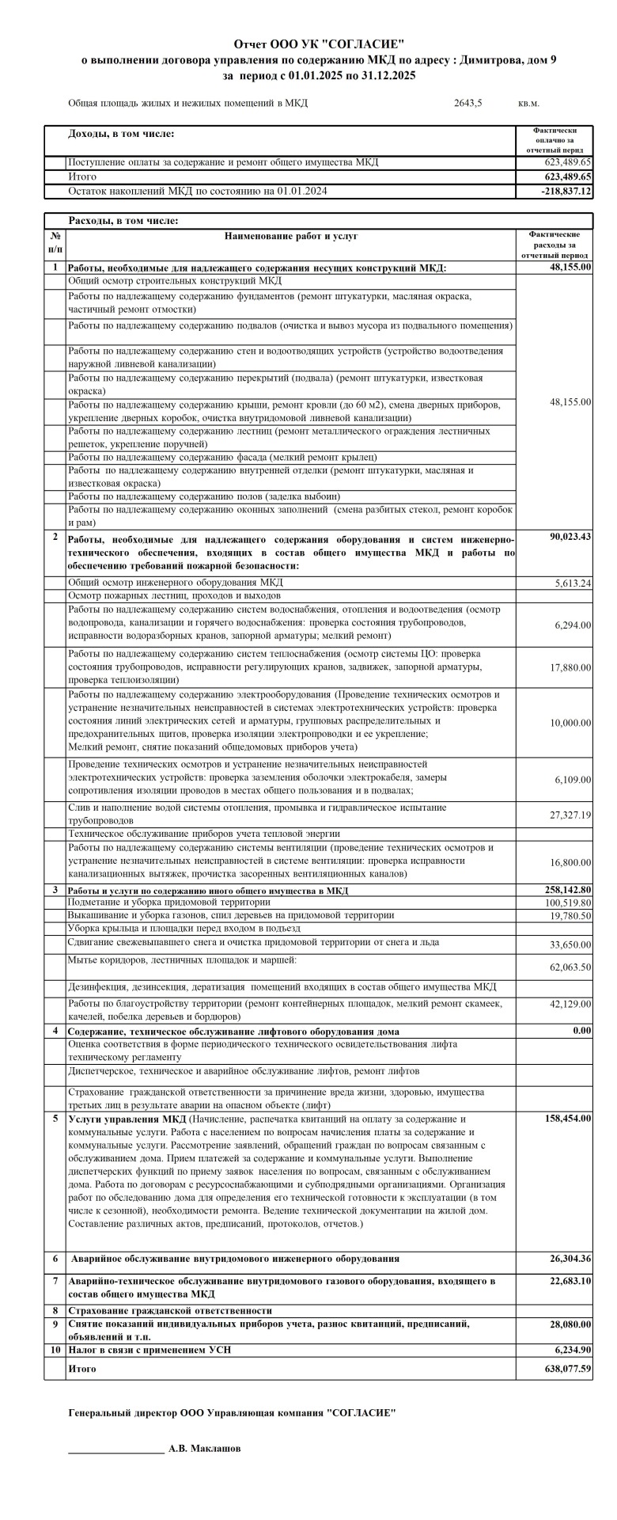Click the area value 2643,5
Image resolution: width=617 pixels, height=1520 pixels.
(468, 103)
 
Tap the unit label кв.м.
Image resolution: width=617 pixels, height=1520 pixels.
(528, 103)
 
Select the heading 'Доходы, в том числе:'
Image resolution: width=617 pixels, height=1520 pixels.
(121, 135)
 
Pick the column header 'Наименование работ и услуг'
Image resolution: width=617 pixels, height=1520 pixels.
(291, 236)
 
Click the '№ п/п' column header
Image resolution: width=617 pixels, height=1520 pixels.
(55, 242)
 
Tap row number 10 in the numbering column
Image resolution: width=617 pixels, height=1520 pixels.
(55, 1349)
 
